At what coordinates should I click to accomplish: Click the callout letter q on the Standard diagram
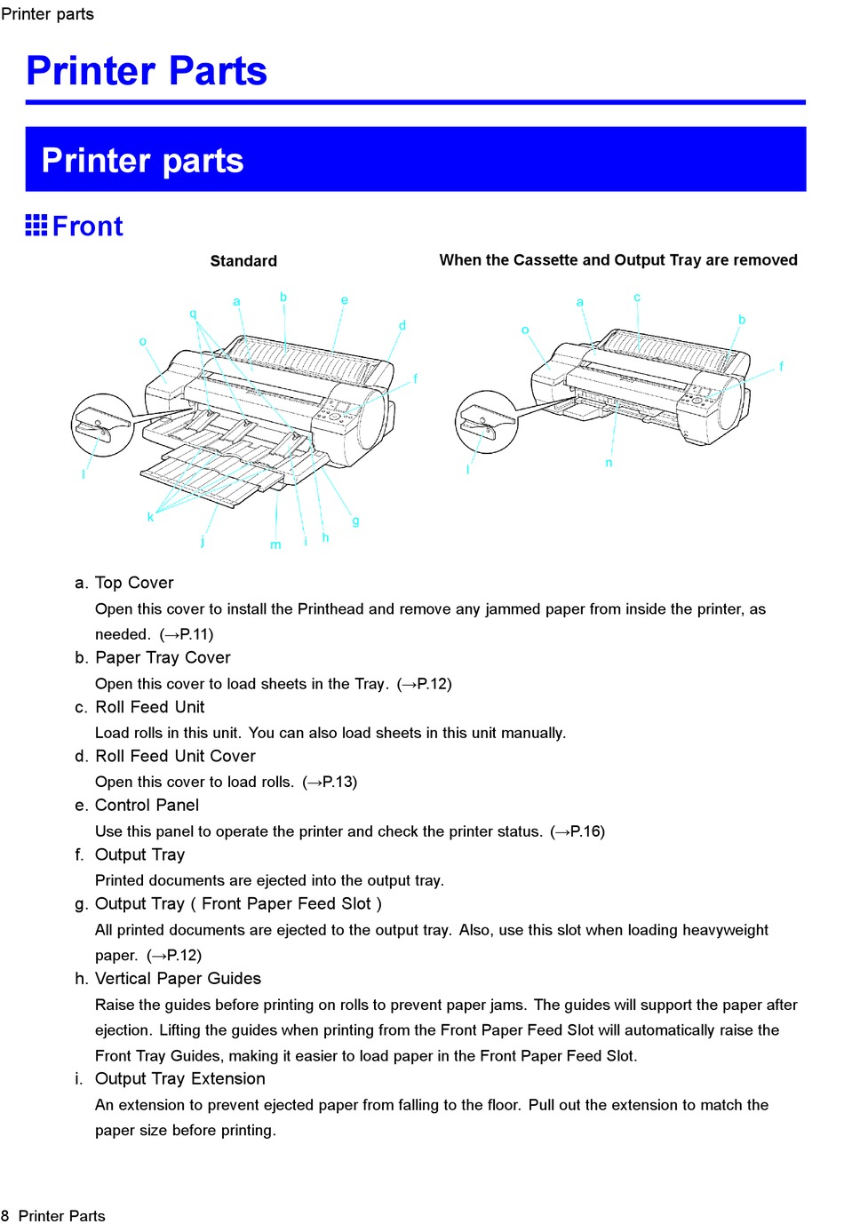click(x=193, y=314)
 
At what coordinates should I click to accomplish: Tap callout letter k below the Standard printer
click(x=150, y=516)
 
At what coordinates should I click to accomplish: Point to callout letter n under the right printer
click(x=609, y=463)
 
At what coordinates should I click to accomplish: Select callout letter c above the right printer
click(x=637, y=297)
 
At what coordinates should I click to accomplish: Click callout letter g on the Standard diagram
click(x=355, y=521)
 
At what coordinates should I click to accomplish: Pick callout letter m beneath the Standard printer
click(x=275, y=544)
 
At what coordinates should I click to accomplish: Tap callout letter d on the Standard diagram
click(x=402, y=325)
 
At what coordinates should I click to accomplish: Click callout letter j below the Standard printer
click(x=203, y=541)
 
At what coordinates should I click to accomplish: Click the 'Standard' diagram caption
click(x=243, y=261)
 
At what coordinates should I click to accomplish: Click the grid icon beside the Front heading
click(x=36, y=226)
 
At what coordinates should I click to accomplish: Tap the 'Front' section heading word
click(x=87, y=227)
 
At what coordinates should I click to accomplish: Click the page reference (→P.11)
click(x=187, y=634)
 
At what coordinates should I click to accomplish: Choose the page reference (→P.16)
click(x=577, y=831)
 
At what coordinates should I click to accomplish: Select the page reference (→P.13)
click(x=330, y=782)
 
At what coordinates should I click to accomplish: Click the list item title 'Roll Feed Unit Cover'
click(x=175, y=756)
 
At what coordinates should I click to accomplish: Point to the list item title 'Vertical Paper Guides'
click(x=178, y=979)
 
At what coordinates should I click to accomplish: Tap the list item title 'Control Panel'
click(x=147, y=806)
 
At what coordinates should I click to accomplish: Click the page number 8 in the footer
click(x=5, y=1216)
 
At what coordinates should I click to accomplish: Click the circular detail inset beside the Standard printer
click(x=102, y=425)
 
